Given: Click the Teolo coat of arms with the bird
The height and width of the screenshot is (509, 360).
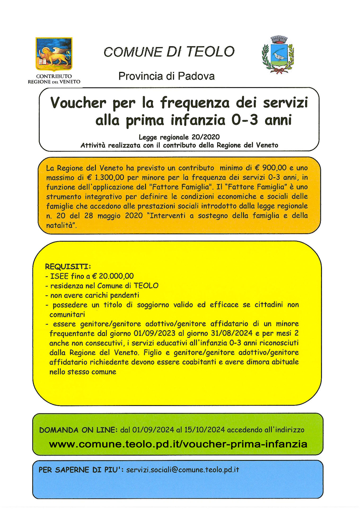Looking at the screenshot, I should [x=278, y=55].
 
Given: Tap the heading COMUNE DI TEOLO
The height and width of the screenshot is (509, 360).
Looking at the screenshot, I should [x=169, y=52].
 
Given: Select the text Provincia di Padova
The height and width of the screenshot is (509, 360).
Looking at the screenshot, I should [x=166, y=76].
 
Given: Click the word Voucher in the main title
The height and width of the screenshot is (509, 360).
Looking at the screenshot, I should [x=78, y=103].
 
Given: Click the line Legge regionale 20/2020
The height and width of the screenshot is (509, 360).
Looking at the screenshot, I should [x=179, y=137].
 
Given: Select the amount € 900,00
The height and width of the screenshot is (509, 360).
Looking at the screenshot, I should [x=270, y=168].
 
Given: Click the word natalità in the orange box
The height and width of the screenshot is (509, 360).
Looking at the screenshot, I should [x=60, y=225].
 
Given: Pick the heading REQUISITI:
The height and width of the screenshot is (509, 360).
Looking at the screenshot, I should [x=68, y=266].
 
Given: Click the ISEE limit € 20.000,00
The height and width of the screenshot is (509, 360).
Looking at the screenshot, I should [x=113, y=276].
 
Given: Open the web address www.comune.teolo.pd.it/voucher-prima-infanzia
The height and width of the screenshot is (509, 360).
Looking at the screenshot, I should [x=178, y=444].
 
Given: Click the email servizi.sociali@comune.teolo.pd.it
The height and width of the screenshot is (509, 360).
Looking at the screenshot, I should [x=183, y=470].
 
